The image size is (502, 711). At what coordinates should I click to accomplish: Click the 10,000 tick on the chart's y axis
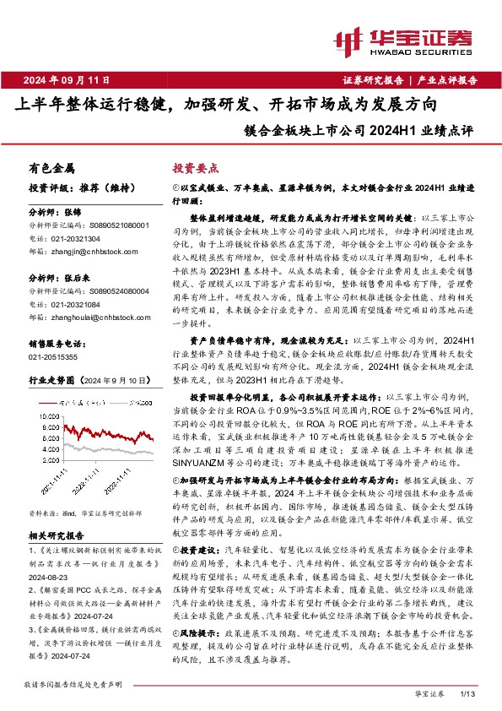[48, 416]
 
